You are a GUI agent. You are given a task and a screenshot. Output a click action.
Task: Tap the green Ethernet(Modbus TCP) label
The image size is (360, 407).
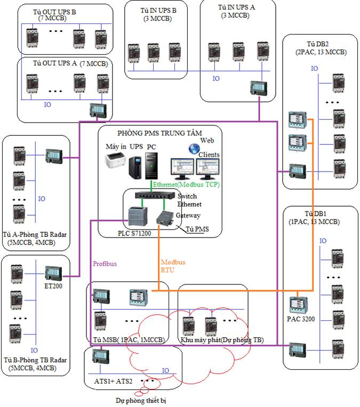pyautogui.click(x=186, y=184)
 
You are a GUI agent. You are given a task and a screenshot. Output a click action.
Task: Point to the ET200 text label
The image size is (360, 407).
pyautogui.click(x=53, y=286)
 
